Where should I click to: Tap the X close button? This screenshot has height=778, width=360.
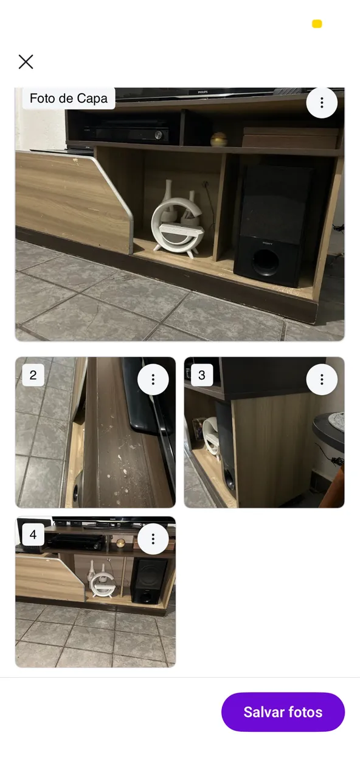click(x=26, y=62)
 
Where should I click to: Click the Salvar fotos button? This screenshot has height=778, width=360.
click(x=283, y=712)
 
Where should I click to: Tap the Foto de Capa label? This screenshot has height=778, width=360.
click(x=69, y=98)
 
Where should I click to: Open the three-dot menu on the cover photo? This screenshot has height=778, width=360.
click(x=322, y=103)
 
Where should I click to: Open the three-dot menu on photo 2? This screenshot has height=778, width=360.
click(x=153, y=379)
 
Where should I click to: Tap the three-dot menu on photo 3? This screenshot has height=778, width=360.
click(x=322, y=379)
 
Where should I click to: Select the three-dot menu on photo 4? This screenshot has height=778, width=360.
click(x=153, y=539)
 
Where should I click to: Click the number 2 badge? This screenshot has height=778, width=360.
click(x=33, y=375)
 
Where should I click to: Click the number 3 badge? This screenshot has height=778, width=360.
click(x=201, y=375)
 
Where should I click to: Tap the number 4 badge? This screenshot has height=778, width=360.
click(x=33, y=534)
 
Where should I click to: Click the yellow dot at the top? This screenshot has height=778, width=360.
click(x=317, y=24)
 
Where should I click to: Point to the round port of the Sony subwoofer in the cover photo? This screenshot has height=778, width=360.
click(x=266, y=262)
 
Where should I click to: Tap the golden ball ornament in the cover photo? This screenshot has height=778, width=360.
click(x=219, y=139)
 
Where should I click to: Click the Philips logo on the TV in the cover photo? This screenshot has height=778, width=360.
click(x=202, y=92)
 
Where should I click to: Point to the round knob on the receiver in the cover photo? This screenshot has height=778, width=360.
click(x=159, y=135)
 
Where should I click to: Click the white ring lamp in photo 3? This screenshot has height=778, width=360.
click(x=210, y=438)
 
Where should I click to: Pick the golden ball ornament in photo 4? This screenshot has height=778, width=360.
click(x=120, y=543)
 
